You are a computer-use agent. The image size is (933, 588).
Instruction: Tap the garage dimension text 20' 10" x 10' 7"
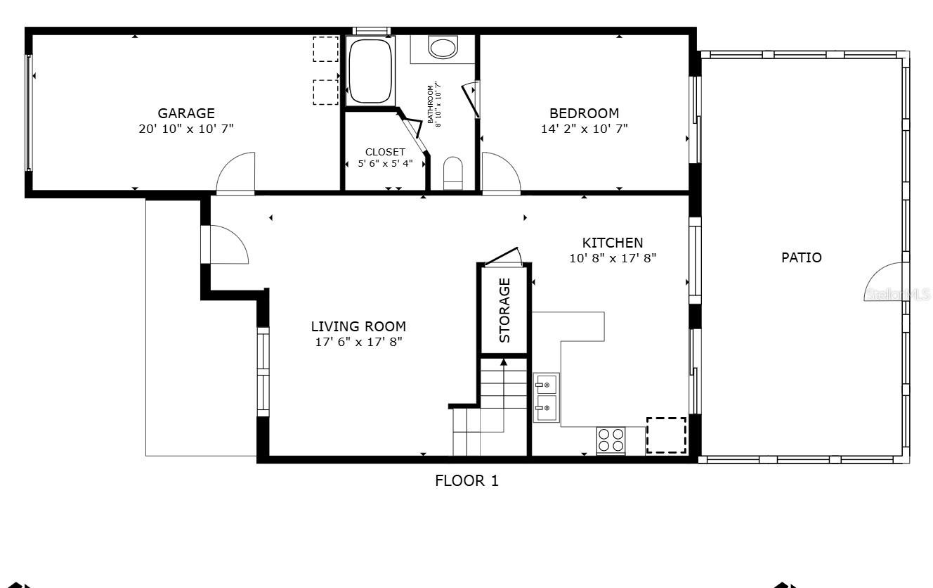(x=185, y=129)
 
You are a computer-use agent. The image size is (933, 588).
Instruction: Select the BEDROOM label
(x=584, y=113)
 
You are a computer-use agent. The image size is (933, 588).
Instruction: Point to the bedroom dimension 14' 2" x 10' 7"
(x=584, y=129)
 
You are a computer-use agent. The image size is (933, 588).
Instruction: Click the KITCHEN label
(x=612, y=243)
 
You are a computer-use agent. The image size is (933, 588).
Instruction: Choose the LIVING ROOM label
(x=358, y=326)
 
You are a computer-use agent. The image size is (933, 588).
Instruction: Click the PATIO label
(x=801, y=257)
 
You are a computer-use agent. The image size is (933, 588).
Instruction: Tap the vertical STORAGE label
(x=504, y=310)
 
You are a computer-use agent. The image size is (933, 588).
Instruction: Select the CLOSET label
(x=385, y=152)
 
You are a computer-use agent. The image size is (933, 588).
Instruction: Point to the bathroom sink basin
(x=443, y=48)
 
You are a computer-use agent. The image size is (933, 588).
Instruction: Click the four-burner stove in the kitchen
(x=611, y=440)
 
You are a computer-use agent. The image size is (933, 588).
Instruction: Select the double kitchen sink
(x=546, y=397)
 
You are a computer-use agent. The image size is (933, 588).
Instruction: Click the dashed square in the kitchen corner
(x=665, y=435)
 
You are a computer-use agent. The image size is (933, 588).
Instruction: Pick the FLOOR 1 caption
(x=466, y=481)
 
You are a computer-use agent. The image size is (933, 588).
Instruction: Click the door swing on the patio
(x=885, y=281)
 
